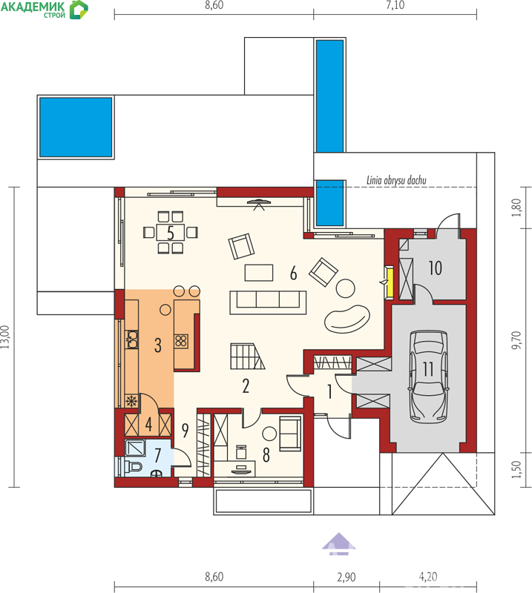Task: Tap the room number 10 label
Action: tap(435, 268)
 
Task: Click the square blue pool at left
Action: tap(76, 127)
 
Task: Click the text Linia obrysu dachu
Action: tap(396, 180)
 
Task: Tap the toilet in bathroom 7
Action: tap(134, 467)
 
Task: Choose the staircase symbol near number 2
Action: tap(247, 356)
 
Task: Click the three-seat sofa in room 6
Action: tap(268, 302)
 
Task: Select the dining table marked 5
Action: tap(171, 232)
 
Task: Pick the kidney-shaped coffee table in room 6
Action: tap(347, 319)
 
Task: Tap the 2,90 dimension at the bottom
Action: tap(346, 577)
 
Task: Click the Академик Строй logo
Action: tap(45, 10)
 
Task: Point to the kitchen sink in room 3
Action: tap(132, 339)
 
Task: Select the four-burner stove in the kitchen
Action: tap(181, 341)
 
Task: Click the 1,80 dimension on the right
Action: tap(516, 208)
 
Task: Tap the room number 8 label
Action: tap(266, 455)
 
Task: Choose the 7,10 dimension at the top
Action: tap(395, 5)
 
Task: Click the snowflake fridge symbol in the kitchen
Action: tap(132, 401)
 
